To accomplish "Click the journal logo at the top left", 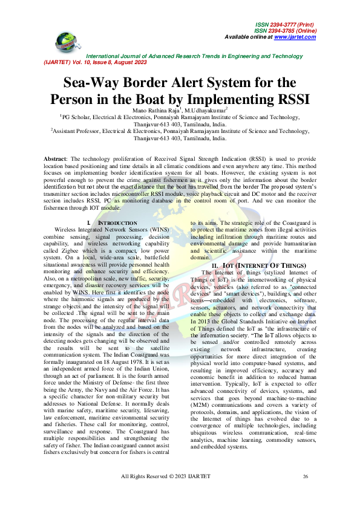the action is (x=68, y=41).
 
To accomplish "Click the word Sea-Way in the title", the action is (x=97, y=83).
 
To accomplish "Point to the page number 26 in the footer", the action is (x=306, y=494).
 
